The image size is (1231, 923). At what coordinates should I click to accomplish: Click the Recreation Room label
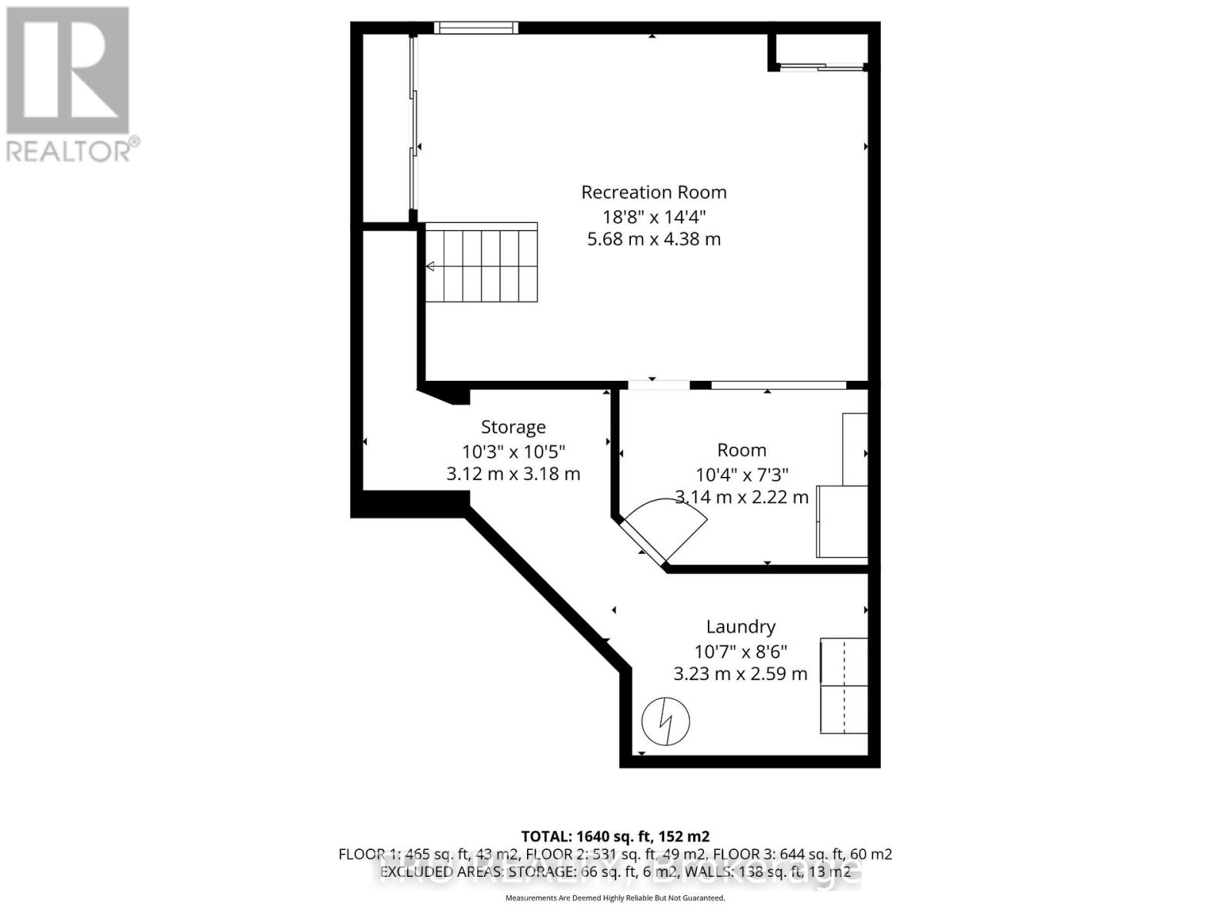653,192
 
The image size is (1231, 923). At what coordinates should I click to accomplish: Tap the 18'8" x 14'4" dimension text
653,216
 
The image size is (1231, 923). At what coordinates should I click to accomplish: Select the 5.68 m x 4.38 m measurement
653,239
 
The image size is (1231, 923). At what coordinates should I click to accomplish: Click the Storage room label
513,427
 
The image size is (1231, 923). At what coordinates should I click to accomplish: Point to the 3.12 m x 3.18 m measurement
513,474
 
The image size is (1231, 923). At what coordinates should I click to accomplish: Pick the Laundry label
740,627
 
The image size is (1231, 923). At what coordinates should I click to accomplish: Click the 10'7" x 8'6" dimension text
740,651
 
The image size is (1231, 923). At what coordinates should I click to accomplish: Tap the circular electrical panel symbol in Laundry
666,721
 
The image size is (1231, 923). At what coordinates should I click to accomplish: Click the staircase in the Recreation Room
482,264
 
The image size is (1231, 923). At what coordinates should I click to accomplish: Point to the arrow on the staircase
431,266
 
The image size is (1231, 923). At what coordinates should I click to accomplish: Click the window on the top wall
475,28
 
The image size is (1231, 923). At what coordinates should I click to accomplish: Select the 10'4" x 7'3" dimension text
741,475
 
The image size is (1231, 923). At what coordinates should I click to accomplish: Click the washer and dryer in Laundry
844,685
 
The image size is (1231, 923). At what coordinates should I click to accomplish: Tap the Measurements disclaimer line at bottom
615,898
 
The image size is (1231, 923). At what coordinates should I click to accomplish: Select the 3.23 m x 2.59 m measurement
740,675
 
